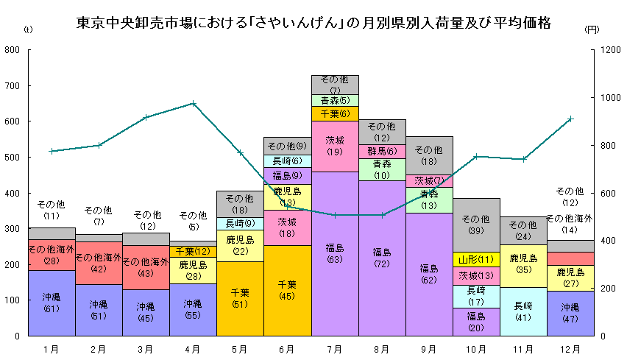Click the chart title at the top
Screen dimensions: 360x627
(313, 23)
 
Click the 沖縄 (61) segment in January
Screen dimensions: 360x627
(52, 303)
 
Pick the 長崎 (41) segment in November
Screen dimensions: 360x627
(523, 311)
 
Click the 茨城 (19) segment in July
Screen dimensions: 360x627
(335, 146)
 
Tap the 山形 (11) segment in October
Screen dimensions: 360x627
(476, 259)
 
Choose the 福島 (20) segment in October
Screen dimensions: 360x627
(476, 322)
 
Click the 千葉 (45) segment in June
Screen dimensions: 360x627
(287, 290)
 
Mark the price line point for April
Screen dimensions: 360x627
(193, 103)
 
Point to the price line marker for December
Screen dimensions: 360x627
(570, 119)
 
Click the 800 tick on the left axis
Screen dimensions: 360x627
(12, 50)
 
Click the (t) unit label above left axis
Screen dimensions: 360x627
(28, 30)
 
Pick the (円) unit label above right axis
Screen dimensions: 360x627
(592, 30)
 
